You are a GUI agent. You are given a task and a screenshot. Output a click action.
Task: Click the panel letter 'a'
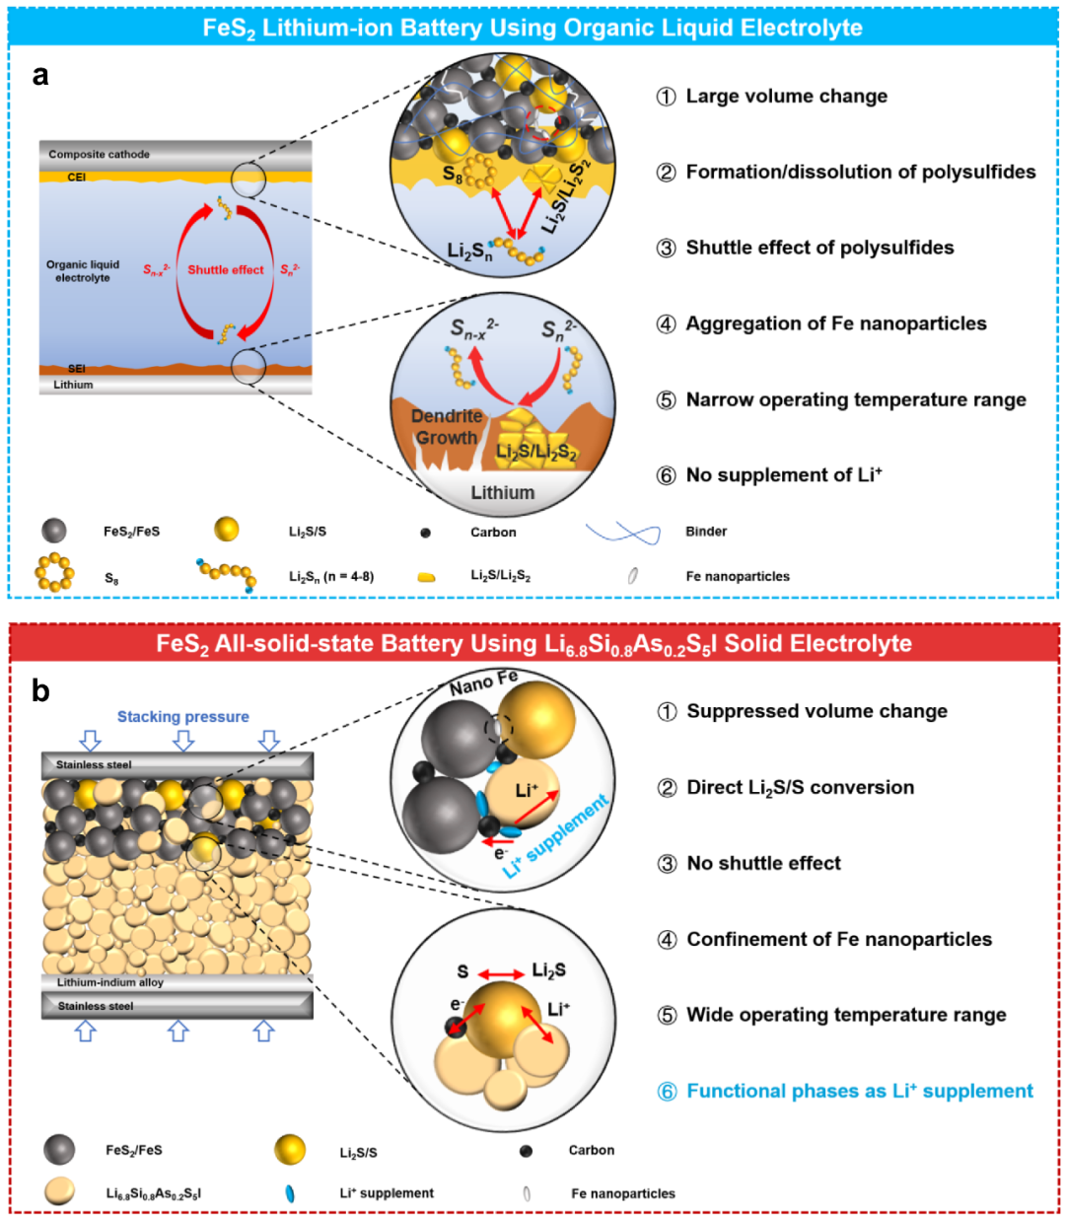click(40, 76)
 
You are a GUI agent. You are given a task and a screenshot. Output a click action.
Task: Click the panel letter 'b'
click(40, 691)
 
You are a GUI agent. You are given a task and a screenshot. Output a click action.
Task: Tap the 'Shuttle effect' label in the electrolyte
click(226, 269)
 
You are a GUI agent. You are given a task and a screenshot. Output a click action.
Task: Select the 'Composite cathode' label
click(99, 155)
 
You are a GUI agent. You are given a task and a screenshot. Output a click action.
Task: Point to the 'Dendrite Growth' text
click(447, 427)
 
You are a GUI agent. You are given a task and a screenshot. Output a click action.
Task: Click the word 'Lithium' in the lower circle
click(502, 492)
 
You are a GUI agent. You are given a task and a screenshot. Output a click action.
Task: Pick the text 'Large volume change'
click(786, 97)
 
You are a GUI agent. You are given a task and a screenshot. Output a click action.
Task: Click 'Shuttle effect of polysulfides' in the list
click(819, 248)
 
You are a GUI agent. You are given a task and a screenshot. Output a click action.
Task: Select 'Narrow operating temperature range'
click(855, 399)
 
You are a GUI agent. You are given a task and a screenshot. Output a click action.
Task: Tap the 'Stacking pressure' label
click(182, 717)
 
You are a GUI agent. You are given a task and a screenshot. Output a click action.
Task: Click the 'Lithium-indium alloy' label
click(110, 982)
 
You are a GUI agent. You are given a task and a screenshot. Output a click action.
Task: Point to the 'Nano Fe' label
click(483, 682)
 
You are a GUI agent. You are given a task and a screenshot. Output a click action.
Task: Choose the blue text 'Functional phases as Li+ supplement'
click(859, 1091)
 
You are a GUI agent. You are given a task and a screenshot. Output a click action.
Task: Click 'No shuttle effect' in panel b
click(763, 863)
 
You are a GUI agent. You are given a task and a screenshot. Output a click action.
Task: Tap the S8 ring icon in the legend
click(54, 572)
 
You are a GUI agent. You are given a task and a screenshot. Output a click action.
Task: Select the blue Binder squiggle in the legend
click(623, 534)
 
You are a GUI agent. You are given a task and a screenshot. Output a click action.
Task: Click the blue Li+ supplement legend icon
click(290, 1193)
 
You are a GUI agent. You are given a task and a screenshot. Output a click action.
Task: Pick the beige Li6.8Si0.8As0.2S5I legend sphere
click(60, 1191)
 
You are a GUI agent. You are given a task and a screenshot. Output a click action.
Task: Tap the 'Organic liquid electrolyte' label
click(83, 271)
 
